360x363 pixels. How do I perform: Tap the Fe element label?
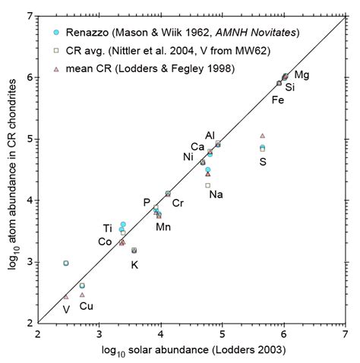(x=278, y=99)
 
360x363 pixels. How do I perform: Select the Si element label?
(x=290, y=88)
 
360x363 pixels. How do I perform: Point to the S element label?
(x=263, y=162)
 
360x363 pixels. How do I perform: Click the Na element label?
(x=216, y=194)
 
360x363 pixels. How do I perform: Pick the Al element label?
(x=210, y=135)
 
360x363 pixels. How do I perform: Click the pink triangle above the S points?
(x=262, y=135)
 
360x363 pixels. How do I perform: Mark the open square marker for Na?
(x=207, y=185)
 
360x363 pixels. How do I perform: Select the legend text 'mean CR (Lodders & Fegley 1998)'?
(x=137, y=69)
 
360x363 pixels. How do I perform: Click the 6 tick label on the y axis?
(x=27, y=77)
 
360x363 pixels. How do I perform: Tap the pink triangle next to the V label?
(x=66, y=296)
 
